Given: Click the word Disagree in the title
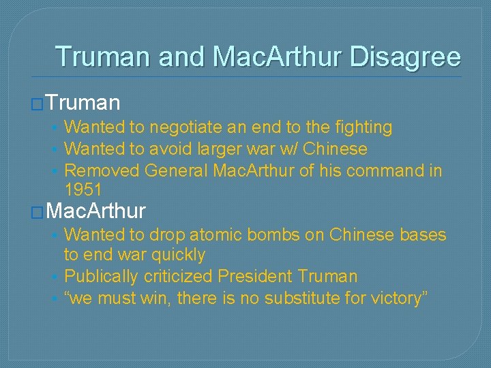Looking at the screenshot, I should pyautogui.click(x=405, y=57).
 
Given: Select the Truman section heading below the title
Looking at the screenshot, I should pyautogui.click(x=84, y=103).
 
